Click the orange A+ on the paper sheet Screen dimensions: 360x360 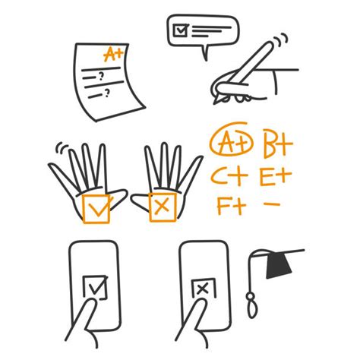[x=114, y=55]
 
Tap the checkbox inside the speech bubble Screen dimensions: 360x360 [x=181, y=30]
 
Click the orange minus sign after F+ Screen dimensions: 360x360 [x=270, y=204]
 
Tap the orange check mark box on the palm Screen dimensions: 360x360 [x=96, y=207]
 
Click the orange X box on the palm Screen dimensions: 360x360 [x=160, y=207]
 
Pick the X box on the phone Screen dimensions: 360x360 [x=203, y=289]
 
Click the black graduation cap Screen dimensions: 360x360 [x=277, y=264]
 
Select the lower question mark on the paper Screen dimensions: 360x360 [x=108, y=93]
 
